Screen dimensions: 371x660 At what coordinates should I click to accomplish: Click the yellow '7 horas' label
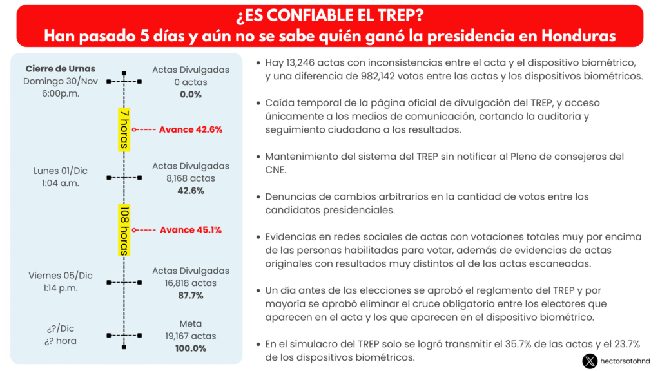coord(124,129)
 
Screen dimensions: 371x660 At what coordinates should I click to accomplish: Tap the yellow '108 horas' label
coord(124,230)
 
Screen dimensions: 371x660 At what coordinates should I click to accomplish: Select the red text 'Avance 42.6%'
coord(190,129)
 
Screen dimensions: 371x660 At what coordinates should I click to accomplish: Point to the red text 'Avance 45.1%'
coord(190,230)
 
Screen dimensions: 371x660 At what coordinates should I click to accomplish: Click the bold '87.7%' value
coord(191,296)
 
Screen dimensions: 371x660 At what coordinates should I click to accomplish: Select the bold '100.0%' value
coord(191,348)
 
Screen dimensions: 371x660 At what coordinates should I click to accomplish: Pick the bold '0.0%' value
coord(191,94)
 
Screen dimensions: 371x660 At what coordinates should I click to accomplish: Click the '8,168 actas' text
coord(191,178)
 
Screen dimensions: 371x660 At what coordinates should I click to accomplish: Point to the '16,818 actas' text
coord(191,283)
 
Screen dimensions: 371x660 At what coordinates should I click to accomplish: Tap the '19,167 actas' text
coord(191,336)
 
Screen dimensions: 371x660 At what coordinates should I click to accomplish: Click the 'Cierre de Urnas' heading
coord(61,69)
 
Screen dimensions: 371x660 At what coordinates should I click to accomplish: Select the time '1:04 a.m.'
coord(61,183)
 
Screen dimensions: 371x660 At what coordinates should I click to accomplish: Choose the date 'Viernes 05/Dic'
coord(61,276)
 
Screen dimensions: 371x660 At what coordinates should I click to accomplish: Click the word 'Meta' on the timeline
coord(191,324)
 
